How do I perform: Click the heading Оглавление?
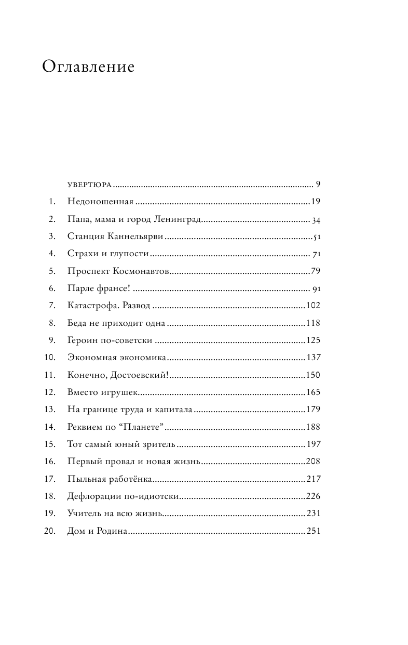click(x=88, y=67)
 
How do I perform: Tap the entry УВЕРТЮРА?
click(x=90, y=185)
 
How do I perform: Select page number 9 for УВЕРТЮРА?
click(x=318, y=185)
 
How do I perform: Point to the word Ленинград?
click(x=178, y=220)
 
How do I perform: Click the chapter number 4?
click(x=52, y=254)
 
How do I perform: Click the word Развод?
click(x=134, y=306)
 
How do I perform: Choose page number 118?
click(x=313, y=323)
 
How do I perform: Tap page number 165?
click(x=313, y=392)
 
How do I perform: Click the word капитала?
click(x=174, y=409)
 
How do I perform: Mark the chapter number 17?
click(x=50, y=479)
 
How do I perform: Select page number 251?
click(x=313, y=531)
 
